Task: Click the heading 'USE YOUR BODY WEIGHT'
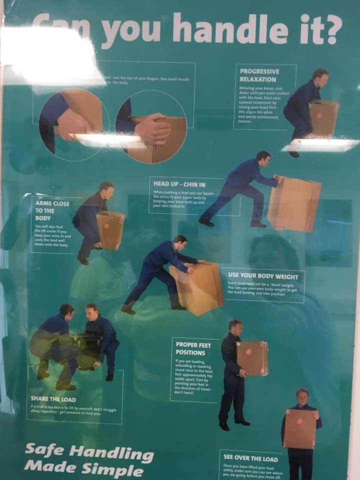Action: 263,276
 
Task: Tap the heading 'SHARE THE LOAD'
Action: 53,399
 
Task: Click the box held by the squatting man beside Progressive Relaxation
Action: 323,117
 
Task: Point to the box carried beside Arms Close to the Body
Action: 110,229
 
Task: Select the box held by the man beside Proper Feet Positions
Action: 252,358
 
